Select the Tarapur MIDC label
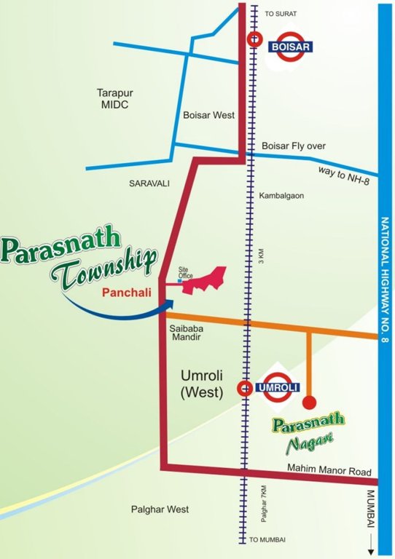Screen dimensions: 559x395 114,99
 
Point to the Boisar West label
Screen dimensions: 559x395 208,114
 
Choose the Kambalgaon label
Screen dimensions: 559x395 281,196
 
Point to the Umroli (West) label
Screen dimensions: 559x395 201,385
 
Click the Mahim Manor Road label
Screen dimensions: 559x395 329,471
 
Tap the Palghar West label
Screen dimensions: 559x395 160,510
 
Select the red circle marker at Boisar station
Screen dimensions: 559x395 254,40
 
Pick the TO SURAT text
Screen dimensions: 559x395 278,14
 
